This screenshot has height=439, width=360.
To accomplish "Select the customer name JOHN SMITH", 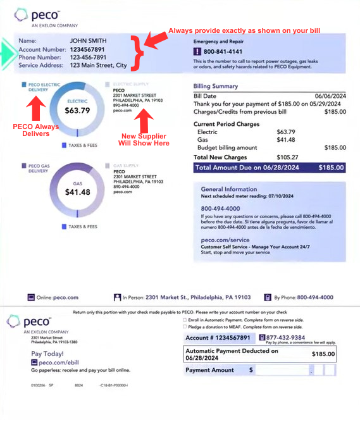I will [x=85, y=41].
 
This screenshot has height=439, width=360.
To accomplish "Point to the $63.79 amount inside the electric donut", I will [x=77, y=110].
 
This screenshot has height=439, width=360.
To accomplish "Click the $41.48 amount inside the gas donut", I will [x=77, y=192].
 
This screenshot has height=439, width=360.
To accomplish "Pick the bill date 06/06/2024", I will [x=329, y=96].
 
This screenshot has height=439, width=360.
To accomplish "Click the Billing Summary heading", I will [x=216, y=87].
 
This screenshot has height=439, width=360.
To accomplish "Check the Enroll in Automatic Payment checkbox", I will [x=184, y=320].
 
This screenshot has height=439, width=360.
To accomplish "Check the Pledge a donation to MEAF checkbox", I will [x=184, y=327].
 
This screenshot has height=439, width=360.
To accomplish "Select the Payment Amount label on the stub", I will [x=209, y=370].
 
